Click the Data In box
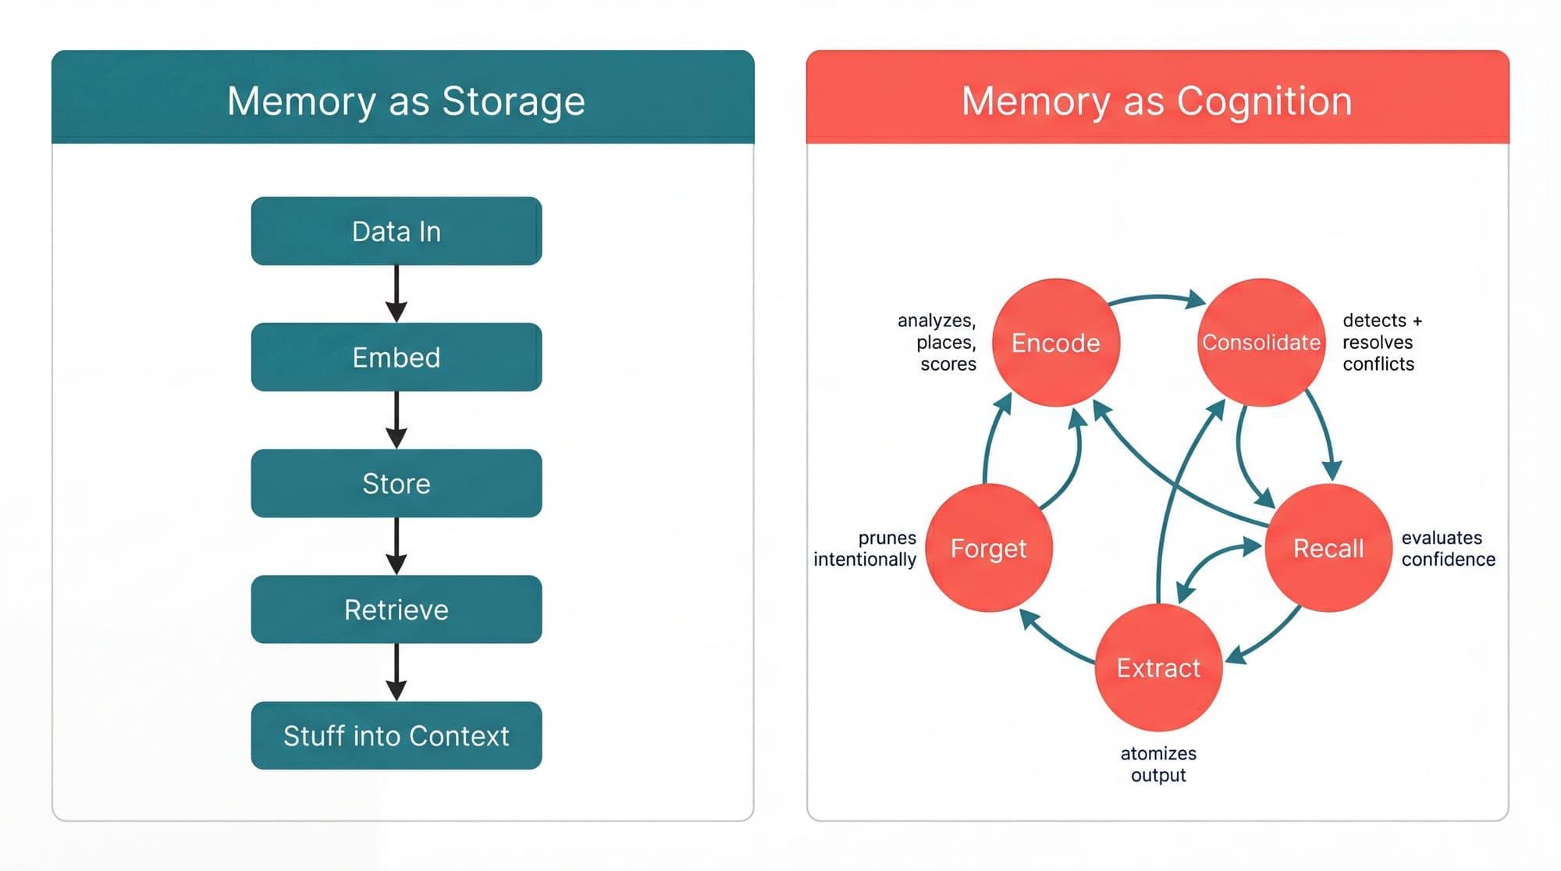click(396, 231)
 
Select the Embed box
click(396, 357)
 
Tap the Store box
click(396, 483)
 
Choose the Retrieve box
click(396, 609)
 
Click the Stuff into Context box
click(396, 735)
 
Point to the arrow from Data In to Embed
click(396, 293)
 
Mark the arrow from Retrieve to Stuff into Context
click(396, 672)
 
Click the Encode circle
click(1055, 343)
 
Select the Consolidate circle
click(1261, 343)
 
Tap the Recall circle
click(1328, 548)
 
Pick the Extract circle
click(1158, 668)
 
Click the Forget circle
click(988, 548)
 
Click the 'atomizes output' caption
click(1158, 764)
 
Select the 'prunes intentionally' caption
click(865, 549)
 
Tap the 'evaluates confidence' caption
click(1448, 549)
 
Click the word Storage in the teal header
click(513, 101)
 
